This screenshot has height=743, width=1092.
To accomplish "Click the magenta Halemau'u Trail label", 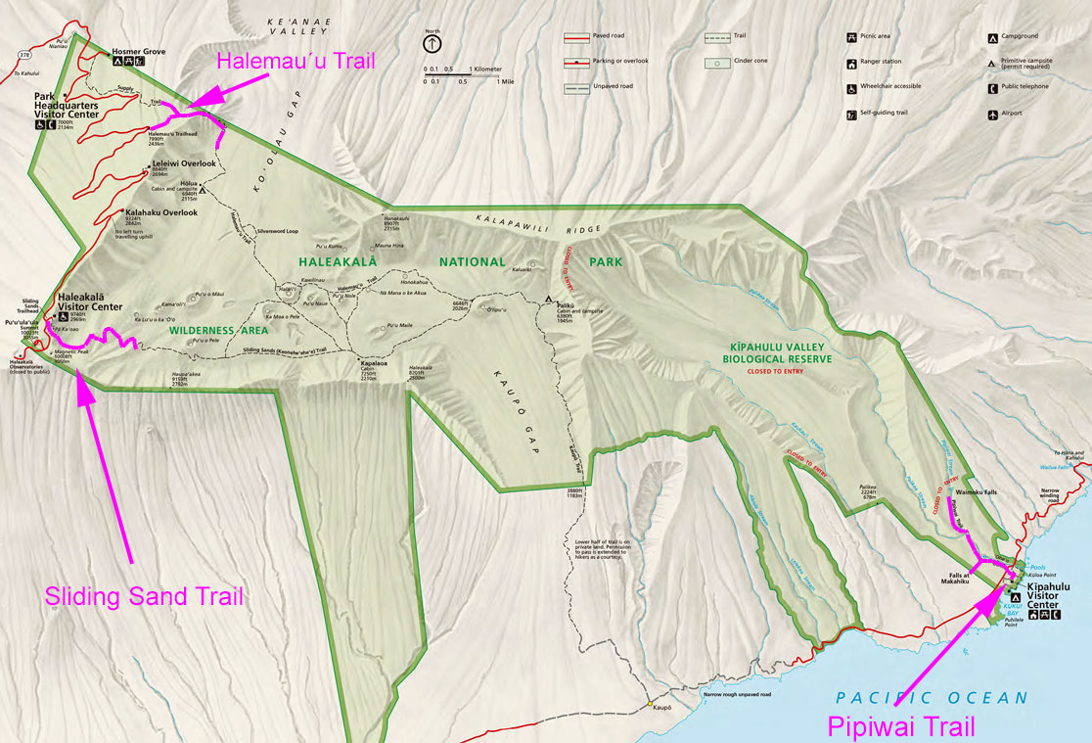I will tap(296, 61).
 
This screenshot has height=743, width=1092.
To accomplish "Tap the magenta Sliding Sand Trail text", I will tap(144, 596).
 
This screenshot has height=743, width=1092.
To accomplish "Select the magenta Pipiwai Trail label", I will tap(901, 726).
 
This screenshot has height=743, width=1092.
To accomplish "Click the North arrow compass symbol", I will tap(432, 44).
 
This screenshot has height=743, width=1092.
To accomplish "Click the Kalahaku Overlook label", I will tap(161, 212).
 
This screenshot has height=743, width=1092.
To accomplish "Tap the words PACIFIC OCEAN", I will tap(932, 697).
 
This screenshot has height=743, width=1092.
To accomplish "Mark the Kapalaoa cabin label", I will tap(374, 362).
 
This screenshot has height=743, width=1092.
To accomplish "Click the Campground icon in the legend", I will tap(992, 37).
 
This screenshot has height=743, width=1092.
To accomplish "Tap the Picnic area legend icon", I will tap(851, 37).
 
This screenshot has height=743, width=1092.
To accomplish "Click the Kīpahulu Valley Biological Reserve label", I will tap(779, 353).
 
